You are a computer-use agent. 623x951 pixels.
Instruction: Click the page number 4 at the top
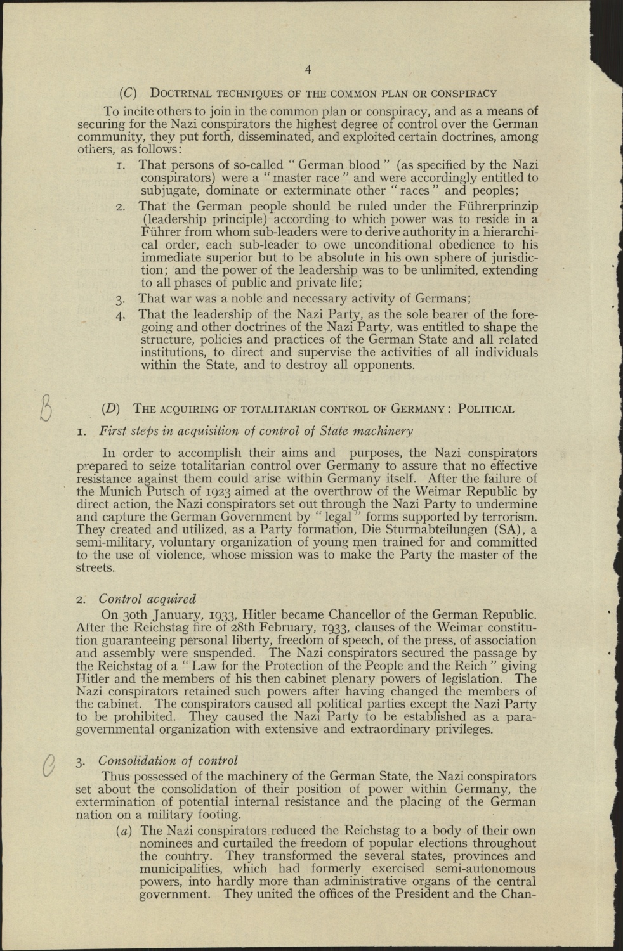point(308,70)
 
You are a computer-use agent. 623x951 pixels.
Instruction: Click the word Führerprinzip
point(495,206)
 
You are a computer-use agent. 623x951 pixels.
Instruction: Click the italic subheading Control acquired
point(148,598)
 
